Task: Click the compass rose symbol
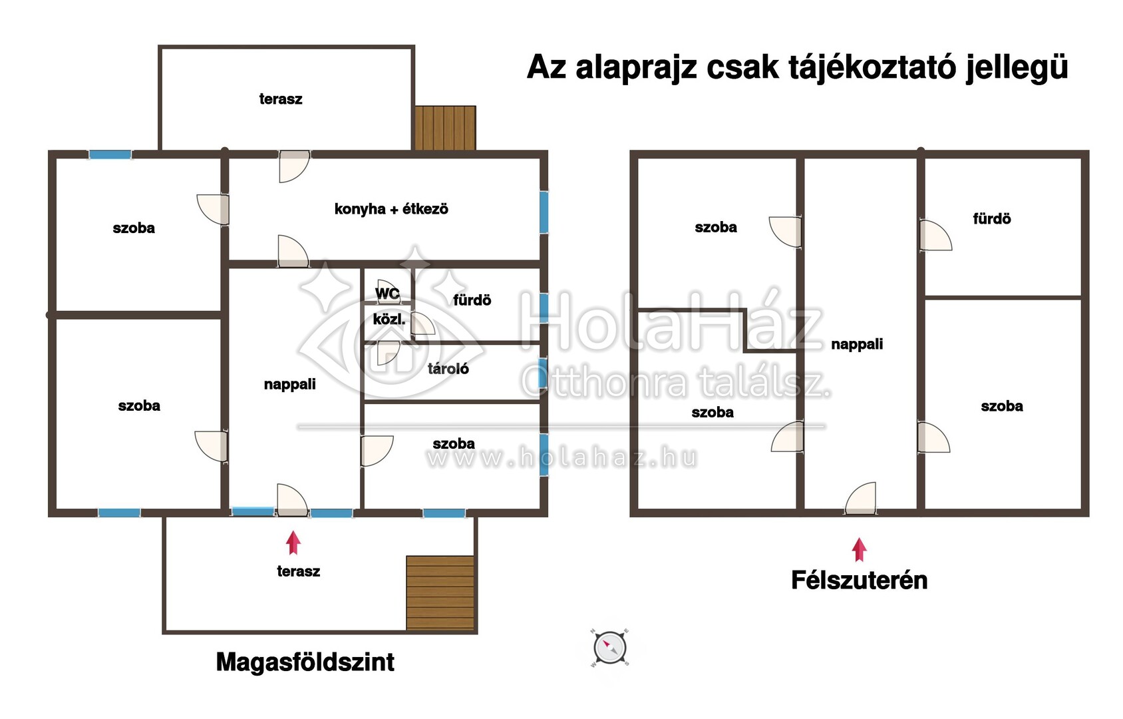coord(609,647)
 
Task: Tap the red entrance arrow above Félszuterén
coord(859,549)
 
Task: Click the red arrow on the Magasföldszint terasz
coord(293,543)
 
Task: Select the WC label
coord(387,293)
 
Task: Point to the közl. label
coord(389,320)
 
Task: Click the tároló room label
coord(448,369)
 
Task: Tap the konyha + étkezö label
coord(391,209)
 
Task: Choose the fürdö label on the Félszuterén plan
coord(991,219)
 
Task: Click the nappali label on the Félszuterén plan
coord(857,344)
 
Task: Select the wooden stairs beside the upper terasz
coord(445,128)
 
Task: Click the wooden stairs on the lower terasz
coord(440,593)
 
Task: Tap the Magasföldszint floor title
coord(305,662)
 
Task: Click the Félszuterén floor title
coord(859,581)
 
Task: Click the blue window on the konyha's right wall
coord(544,212)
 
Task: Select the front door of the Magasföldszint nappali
coord(291,501)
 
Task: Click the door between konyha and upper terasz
coord(293,166)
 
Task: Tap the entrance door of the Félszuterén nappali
coord(861,499)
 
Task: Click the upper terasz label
coord(281,99)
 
